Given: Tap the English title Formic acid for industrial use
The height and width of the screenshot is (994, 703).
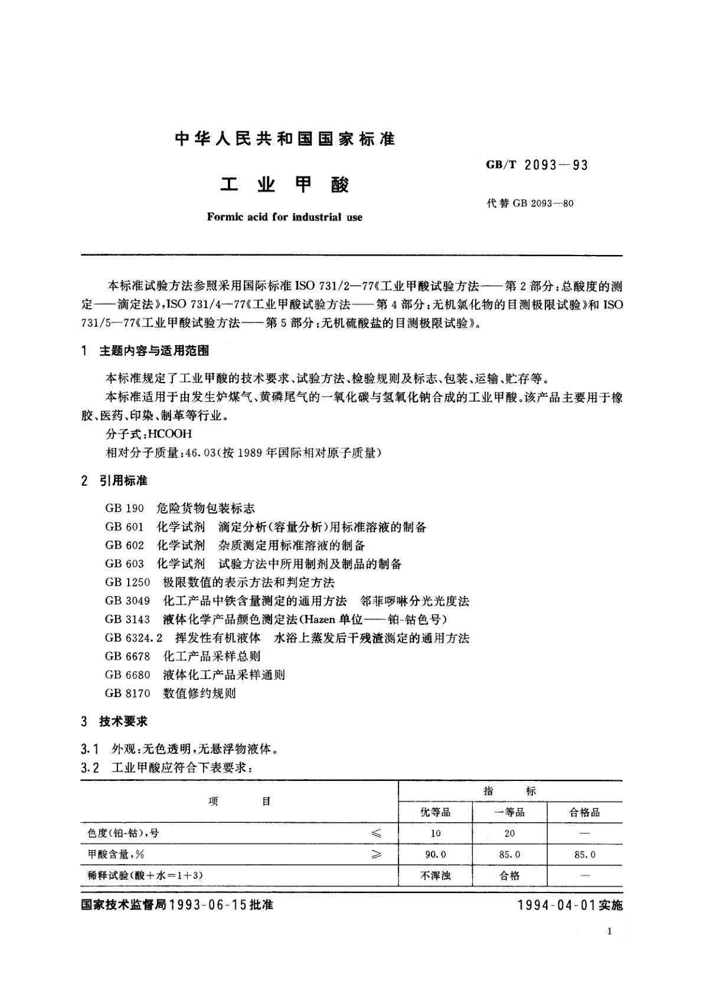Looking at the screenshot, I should coord(285,217).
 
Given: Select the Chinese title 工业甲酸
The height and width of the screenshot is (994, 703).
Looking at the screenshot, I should coord(285,185).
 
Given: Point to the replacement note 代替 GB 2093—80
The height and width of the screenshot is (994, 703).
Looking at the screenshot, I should coord(529,204).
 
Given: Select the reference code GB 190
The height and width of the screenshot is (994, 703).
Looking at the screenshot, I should coord(125,508).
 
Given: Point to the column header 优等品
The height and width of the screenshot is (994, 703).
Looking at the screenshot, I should coord(435,813).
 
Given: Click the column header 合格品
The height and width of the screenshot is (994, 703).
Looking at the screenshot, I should coord(584,813).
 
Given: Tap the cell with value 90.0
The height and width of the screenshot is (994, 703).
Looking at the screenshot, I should coord(436,855).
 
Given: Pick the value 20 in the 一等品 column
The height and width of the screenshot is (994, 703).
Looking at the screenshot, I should coord(509,833).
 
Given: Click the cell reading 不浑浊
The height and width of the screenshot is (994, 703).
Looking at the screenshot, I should coord(435,876).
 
